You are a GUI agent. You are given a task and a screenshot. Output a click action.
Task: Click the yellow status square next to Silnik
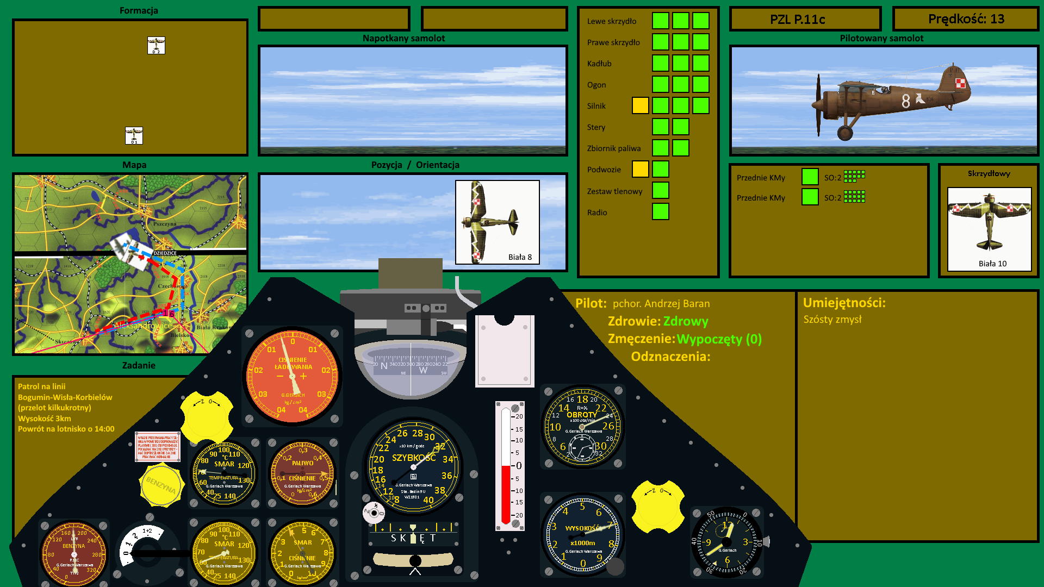coord(640,105)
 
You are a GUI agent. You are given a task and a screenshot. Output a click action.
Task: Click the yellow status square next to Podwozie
coord(640,169)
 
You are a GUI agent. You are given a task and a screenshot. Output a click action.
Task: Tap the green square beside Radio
coord(660,211)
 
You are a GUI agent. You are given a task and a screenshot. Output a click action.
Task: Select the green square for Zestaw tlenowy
coord(660,190)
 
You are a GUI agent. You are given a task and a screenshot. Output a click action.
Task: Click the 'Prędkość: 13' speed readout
coord(966,19)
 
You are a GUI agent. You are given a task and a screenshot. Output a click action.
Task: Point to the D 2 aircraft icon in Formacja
coord(156,45)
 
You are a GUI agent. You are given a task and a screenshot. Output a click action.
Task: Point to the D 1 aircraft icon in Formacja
coord(134,135)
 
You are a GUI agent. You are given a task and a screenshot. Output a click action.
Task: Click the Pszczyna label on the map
coord(164,224)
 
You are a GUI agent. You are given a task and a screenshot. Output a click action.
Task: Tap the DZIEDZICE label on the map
coord(165,253)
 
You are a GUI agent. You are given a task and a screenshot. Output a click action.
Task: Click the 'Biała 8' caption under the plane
coord(520,257)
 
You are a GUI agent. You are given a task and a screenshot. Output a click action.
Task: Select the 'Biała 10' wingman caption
coord(992,264)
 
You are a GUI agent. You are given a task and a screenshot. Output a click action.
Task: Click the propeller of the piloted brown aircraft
coord(818,105)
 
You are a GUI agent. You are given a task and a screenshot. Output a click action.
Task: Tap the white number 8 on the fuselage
coord(905,101)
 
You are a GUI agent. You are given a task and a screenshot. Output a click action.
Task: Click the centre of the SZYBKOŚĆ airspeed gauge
coord(413,466)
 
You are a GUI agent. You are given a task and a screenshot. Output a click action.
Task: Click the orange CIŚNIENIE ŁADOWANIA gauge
coord(292,376)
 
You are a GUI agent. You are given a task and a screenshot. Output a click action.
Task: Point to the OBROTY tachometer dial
coord(582,427)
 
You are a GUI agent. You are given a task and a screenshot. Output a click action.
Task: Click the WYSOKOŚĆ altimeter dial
coord(582,535)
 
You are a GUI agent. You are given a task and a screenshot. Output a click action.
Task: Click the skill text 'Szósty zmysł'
coord(832,320)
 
